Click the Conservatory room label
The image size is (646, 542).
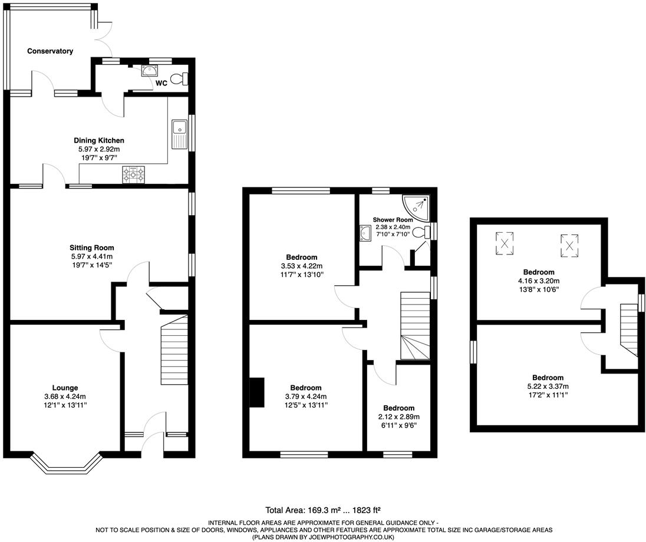click(50, 51)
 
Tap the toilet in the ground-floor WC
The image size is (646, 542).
click(179, 79)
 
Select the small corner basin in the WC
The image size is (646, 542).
click(148, 71)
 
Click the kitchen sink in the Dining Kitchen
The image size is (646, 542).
click(179, 135)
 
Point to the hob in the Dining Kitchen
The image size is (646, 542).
click(133, 174)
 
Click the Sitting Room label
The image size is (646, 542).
click(91, 248)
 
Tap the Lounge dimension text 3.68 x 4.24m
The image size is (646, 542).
click(65, 396)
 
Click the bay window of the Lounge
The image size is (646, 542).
click(66, 465)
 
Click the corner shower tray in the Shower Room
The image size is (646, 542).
click(416, 207)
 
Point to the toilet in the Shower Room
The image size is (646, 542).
click(421, 233)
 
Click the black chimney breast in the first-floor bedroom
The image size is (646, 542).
click(258, 392)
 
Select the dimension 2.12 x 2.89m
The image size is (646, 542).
click(396, 417)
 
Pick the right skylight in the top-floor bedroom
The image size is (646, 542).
click(569, 246)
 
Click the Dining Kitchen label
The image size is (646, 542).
click(99, 141)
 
